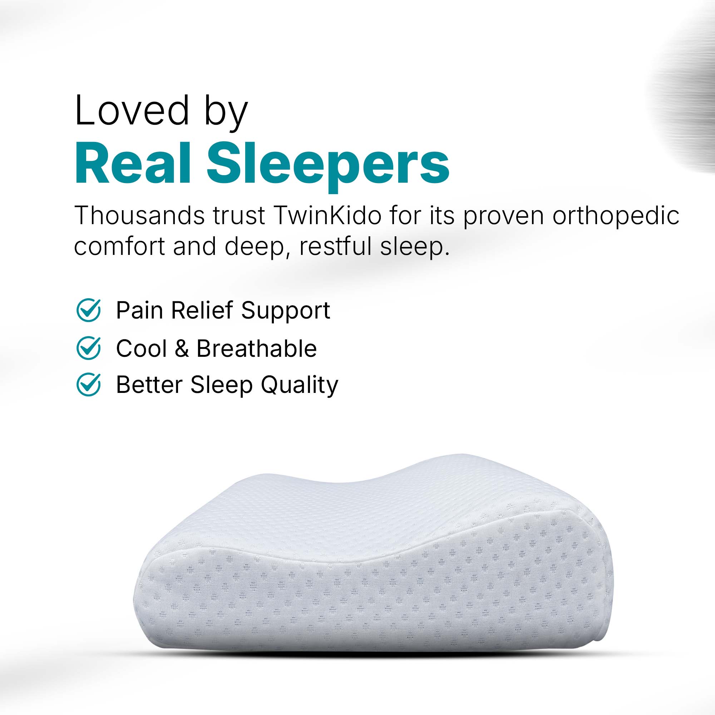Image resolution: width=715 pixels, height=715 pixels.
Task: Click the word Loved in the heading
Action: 132,110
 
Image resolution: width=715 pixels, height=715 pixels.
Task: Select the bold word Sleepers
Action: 328,167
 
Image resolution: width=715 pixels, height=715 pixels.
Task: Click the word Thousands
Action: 139,215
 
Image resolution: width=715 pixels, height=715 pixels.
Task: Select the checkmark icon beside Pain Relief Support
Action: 88,310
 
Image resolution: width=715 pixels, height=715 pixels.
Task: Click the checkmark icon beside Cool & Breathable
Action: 88,348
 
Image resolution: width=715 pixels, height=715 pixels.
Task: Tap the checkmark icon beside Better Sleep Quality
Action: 88,385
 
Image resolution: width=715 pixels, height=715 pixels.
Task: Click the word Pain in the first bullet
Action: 139,310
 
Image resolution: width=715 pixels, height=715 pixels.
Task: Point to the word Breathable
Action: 256,348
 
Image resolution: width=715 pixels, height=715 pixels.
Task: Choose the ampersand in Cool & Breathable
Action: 182,349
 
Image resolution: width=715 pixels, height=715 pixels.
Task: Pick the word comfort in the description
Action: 119,246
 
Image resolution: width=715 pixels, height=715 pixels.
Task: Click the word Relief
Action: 202,310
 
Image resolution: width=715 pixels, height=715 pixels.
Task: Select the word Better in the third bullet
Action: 149,385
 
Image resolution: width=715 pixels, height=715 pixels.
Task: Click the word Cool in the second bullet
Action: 141,349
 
